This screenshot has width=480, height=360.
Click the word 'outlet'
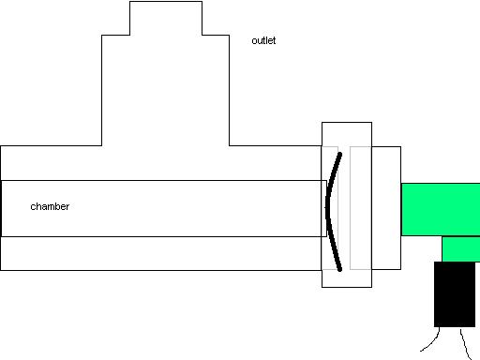point(263,41)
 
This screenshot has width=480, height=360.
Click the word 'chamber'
point(50,206)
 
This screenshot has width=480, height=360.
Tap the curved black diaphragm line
point(328,208)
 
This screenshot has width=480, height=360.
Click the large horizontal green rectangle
point(441,209)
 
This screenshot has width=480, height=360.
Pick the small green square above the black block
point(459,248)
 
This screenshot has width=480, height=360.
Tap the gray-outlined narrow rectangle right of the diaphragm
point(360,207)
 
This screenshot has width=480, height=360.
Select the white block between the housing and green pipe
point(386,207)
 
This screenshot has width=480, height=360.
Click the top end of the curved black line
point(339,154)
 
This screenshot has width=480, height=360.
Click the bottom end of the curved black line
point(338,268)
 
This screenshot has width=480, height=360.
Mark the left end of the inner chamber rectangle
point(2,207)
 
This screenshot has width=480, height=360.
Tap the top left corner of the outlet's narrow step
point(129,2)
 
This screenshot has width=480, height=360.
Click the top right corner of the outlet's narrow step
point(201,2)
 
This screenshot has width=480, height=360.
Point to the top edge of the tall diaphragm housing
point(347,123)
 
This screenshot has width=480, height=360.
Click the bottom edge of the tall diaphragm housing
point(347,287)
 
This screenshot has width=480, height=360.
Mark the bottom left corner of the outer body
point(1,270)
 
